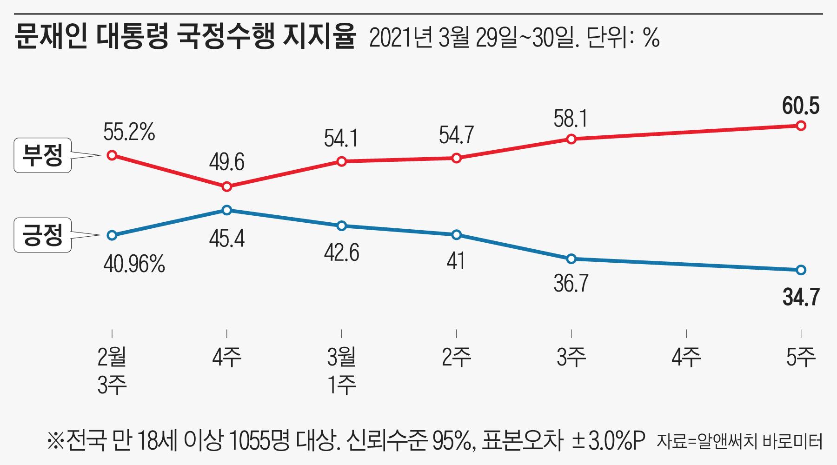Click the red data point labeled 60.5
[801, 126]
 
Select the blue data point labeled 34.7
[801, 270]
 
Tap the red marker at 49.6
[227, 186]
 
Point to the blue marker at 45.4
[227, 210]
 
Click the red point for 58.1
[571, 139]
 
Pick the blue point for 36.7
[571, 259]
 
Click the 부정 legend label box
[43, 155]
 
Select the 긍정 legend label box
[43, 235]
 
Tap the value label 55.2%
[129, 132]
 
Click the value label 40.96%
[134, 265]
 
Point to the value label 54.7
[456, 135]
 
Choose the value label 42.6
[341, 253]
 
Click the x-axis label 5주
[801, 357]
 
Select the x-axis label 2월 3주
[112, 371]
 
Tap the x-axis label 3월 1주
[342, 371]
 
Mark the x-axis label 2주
[456, 357]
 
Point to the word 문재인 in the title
[51, 36]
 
